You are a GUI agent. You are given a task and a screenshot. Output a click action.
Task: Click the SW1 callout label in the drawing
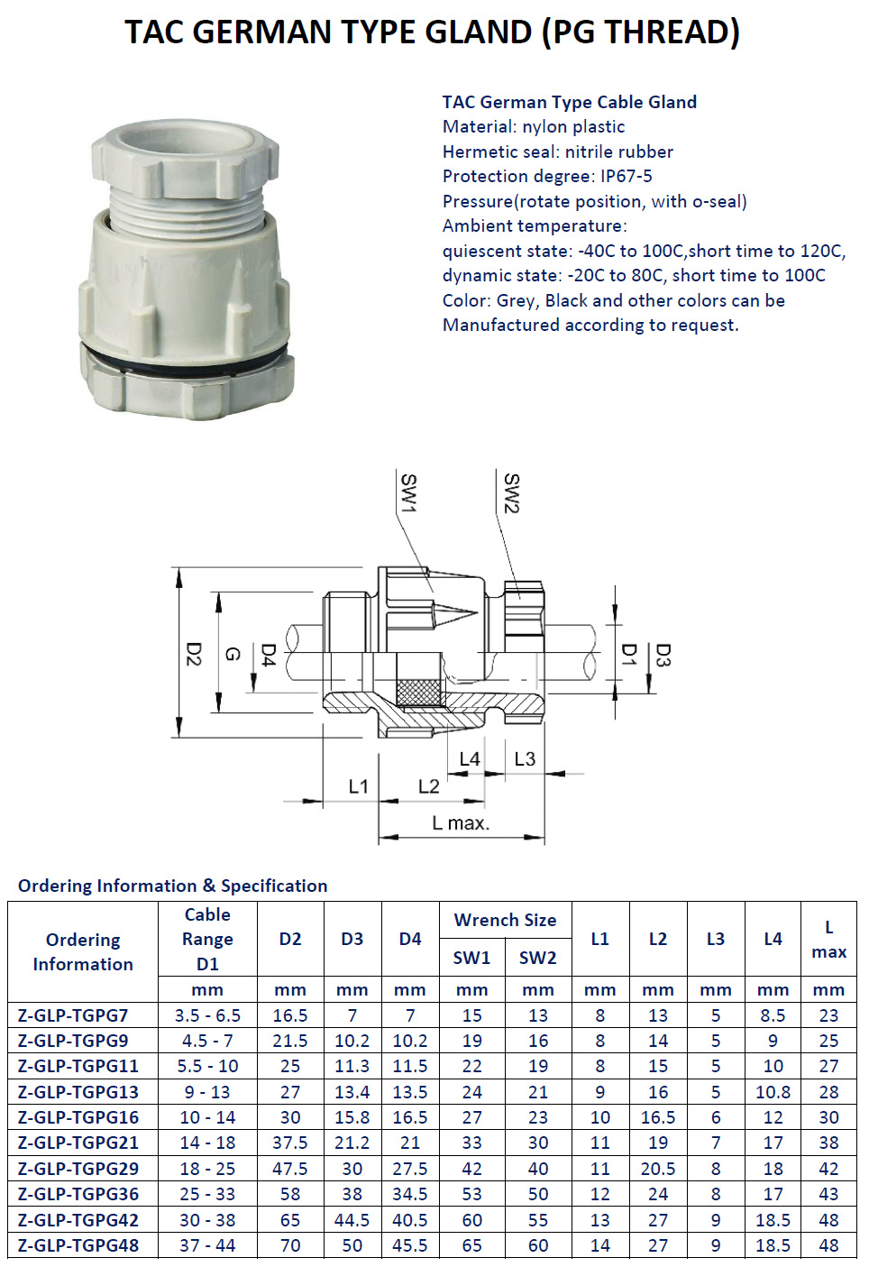point(408,493)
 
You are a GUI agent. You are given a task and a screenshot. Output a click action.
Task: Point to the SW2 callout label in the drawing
point(511,493)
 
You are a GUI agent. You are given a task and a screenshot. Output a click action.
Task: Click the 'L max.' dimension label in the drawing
point(461,823)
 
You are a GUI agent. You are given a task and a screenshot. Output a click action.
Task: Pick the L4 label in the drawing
point(470,759)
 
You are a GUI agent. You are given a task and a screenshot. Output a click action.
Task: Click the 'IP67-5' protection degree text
point(627,177)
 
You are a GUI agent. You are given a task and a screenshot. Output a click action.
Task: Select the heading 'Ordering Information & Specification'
point(173,886)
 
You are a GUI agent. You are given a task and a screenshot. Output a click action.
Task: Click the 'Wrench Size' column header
point(505,920)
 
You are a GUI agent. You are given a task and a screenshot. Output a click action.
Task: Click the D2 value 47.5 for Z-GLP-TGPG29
point(290,1169)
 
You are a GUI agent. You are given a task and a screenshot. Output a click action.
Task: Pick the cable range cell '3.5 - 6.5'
point(207,1015)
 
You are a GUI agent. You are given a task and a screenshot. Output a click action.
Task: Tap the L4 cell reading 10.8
point(773,1092)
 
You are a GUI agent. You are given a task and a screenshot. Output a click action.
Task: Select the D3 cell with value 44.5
point(352,1220)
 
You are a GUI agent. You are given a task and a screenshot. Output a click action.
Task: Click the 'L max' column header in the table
point(828,940)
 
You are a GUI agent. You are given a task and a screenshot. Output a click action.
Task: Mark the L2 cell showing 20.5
point(658,1169)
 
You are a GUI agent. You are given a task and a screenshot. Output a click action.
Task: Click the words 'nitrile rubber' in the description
point(619,151)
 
